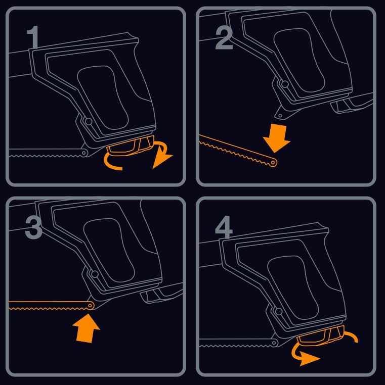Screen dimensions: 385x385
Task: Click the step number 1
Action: pos(32,37)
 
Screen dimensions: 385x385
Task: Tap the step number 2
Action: pos(224,37)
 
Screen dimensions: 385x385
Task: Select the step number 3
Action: pos(33,227)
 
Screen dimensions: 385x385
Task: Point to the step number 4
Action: pos(224,227)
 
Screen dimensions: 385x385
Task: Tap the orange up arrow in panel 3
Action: pos(87,328)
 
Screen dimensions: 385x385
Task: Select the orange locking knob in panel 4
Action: pos(321,335)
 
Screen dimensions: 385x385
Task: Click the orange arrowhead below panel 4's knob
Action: pos(309,359)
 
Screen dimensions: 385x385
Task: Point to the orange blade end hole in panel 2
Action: pos(273,163)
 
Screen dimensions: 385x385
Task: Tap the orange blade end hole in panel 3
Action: pos(90,306)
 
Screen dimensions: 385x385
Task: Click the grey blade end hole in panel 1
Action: pos(84,153)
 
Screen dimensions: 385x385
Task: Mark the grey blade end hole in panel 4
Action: pos(274,343)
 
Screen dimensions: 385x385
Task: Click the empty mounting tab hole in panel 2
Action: pos(280,115)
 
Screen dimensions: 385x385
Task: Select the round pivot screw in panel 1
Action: pos(88,121)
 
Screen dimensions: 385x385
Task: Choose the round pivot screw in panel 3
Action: pos(95,274)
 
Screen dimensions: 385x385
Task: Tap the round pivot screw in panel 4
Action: pos(279,311)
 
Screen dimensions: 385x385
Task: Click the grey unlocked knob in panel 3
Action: pos(161,293)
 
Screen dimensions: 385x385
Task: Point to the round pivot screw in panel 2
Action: pos(285,84)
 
